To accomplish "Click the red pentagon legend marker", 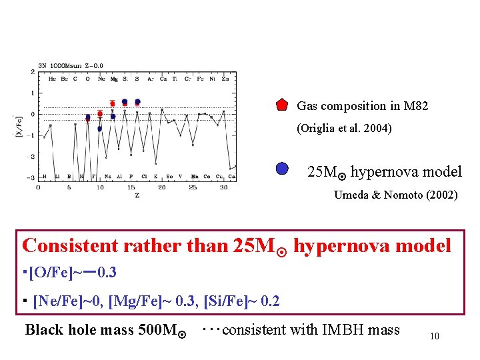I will (283, 105).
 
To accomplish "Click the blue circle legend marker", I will (283, 169).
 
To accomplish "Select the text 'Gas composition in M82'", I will (362, 106).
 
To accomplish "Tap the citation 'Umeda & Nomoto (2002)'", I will (395, 195).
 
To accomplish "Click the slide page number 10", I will (434, 336).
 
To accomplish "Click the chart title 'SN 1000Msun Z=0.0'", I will (71, 65).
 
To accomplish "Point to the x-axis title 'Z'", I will (137, 195).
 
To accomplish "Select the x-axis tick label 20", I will (161, 187).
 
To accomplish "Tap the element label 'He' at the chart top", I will (52, 79).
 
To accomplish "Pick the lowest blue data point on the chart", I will (99, 129).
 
